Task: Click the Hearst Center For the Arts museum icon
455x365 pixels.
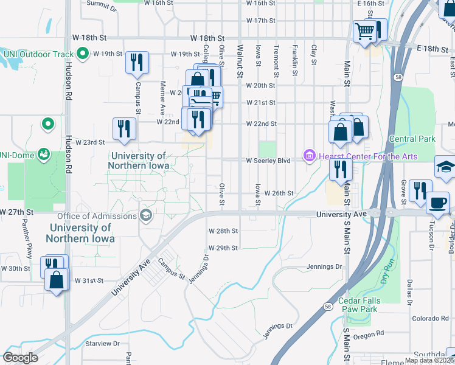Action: pos(309,157)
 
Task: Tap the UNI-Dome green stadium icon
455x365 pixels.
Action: pos(43,153)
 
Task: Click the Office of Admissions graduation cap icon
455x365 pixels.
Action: pos(145,215)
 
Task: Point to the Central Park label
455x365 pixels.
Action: pos(412,139)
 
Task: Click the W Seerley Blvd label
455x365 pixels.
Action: pos(268,161)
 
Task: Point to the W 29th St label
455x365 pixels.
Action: pos(223,248)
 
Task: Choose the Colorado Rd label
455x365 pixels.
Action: pos(430,318)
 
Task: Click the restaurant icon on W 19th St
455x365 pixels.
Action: pos(137,61)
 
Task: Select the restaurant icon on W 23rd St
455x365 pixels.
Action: pos(123,128)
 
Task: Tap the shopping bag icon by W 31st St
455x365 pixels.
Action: pos(57,280)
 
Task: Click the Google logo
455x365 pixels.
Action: pos(21,358)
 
